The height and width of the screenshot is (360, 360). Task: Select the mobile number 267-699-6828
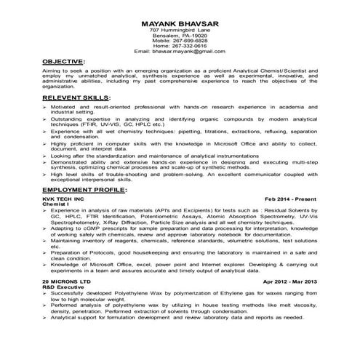click(180, 41)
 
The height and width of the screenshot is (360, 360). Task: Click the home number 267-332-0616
click(180, 47)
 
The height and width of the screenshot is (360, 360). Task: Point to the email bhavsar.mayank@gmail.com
click(180, 52)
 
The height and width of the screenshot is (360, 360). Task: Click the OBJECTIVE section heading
click(63, 62)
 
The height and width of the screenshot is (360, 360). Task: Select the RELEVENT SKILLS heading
click(76, 97)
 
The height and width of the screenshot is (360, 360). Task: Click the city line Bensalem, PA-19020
click(180, 35)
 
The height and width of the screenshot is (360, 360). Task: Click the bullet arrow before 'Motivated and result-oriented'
click(45, 106)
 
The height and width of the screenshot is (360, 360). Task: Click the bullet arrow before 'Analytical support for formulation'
click(45, 318)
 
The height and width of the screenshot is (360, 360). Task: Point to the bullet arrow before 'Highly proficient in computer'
click(45, 145)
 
